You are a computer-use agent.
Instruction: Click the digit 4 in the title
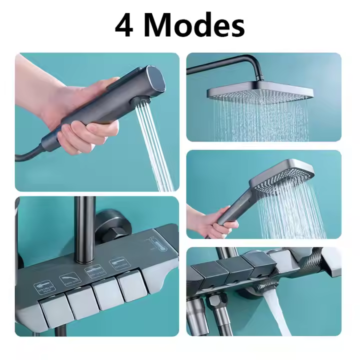point(124,26)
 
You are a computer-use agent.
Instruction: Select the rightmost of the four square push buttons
point(131,288)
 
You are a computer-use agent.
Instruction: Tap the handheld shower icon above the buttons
point(119,261)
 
